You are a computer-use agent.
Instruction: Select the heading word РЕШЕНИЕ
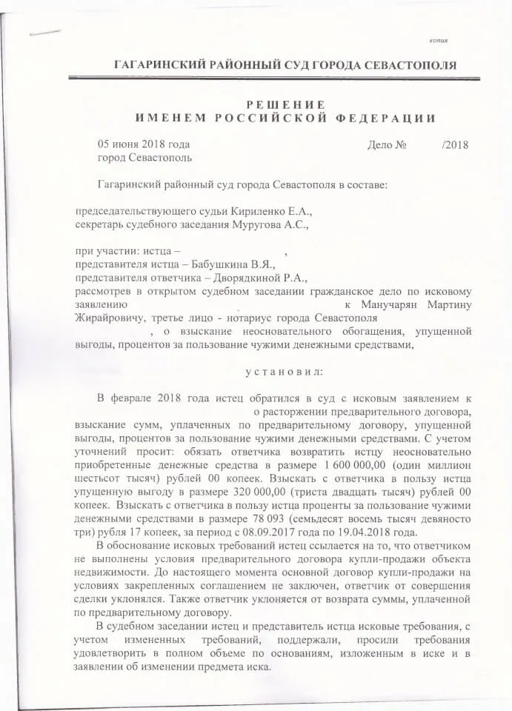(x=285, y=104)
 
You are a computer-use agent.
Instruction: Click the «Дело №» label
(x=387, y=144)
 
